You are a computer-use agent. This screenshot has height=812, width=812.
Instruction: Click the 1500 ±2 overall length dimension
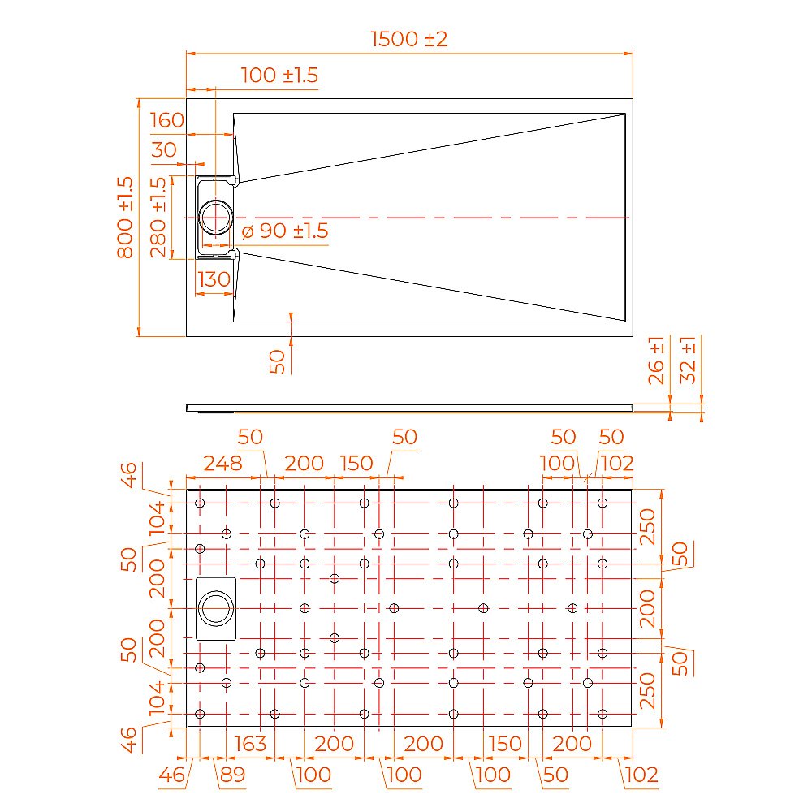(409, 39)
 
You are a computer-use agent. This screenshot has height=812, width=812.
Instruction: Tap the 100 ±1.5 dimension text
(280, 76)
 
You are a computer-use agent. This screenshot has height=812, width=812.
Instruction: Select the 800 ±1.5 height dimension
(125, 217)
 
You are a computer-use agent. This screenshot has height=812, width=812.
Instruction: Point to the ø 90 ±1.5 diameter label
(285, 231)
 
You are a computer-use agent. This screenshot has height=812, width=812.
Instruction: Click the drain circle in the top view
(217, 218)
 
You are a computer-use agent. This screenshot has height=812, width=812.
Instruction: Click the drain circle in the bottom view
(216, 608)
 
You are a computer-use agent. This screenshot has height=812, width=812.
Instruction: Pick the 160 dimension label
(167, 121)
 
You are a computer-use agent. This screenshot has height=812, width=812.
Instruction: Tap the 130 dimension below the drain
(214, 279)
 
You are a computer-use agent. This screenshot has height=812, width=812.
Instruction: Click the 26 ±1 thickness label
(657, 360)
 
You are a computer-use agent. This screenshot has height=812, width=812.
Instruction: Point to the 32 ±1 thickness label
(688, 360)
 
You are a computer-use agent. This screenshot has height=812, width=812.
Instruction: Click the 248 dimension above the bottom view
(222, 464)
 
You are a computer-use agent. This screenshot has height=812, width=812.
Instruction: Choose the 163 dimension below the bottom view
(250, 744)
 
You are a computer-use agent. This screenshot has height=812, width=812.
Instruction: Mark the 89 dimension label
(231, 775)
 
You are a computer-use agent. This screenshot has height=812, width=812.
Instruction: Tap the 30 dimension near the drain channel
(164, 150)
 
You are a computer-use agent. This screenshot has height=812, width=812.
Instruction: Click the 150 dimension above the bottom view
(356, 464)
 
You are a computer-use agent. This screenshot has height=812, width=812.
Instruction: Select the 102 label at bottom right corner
(641, 775)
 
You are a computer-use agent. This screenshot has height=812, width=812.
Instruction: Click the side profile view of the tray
(409, 407)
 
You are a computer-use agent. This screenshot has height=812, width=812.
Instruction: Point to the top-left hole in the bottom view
(200, 503)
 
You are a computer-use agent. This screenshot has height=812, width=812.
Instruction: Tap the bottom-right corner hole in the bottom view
(603, 714)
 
